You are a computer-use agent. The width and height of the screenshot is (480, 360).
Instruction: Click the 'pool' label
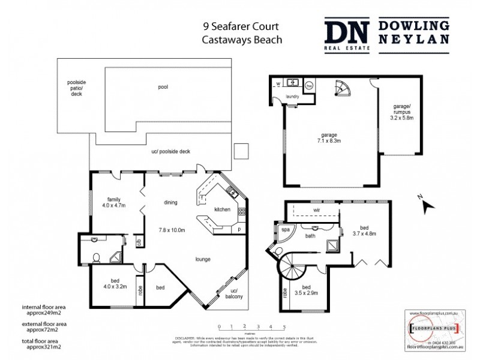[x=163, y=87]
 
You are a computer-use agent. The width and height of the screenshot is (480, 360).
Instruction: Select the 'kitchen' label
[x=223, y=209]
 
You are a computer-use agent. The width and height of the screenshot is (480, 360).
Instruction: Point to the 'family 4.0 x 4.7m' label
[x=115, y=202]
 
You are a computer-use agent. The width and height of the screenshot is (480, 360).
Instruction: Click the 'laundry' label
[x=293, y=96]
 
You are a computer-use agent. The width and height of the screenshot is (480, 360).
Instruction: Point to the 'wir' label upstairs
[x=316, y=211]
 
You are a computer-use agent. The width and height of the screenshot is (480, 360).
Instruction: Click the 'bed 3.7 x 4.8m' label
[x=364, y=230]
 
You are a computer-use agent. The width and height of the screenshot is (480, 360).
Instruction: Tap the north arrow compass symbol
[x=428, y=206]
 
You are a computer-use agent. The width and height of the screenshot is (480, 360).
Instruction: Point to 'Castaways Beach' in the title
[x=242, y=40]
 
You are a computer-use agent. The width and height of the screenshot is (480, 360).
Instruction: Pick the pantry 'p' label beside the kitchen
[x=239, y=229]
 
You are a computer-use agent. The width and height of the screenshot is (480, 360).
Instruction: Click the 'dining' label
[x=170, y=203]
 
